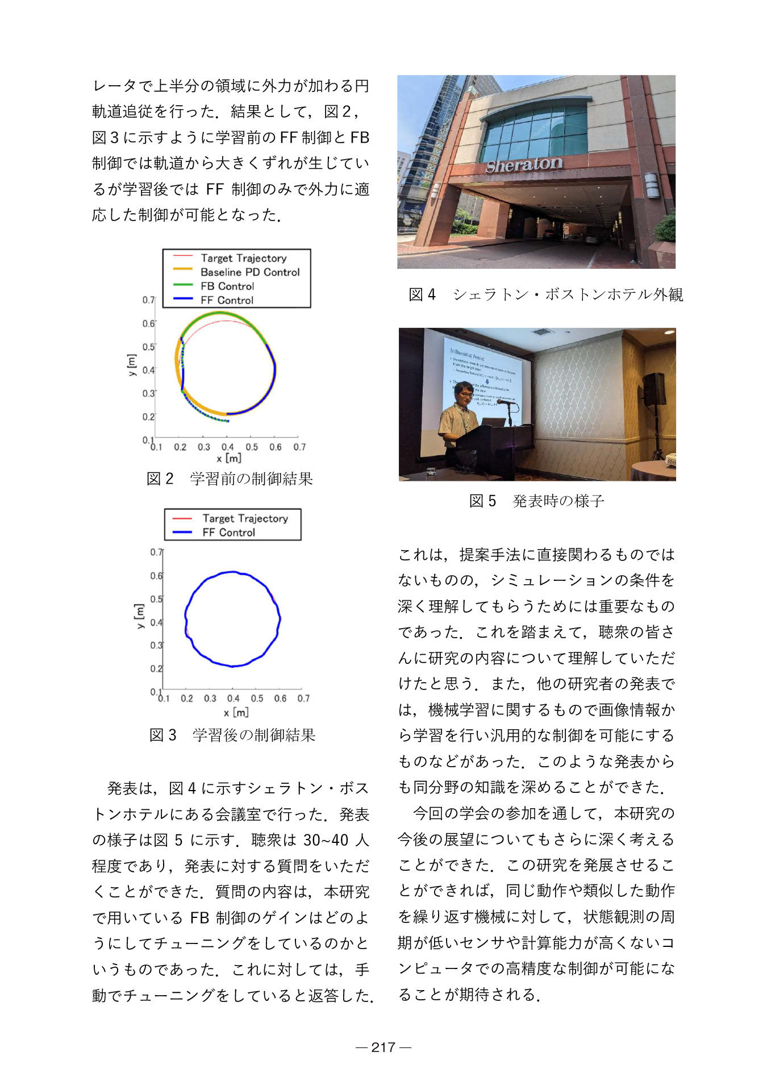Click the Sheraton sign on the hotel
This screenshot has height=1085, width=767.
[524, 164]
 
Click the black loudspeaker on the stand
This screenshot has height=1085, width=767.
[654, 389]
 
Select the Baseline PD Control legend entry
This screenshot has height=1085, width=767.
[249, 272]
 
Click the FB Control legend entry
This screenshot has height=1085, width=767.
[227, 286]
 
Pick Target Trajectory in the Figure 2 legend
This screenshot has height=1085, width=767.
[243, 258]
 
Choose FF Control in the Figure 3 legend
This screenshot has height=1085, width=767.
[228, 533]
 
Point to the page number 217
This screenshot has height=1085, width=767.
[383, 1047]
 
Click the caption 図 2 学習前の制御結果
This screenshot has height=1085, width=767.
[230, 479]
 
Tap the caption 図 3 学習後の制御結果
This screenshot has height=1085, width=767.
[232, 735]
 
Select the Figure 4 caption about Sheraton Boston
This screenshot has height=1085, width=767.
[545, 294]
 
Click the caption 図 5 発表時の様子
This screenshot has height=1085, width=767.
[536, 501]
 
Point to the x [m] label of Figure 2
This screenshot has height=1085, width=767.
[229, 458]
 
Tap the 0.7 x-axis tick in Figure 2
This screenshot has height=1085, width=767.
[299, 447]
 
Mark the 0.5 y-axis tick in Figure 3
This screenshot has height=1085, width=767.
[156, 599]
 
